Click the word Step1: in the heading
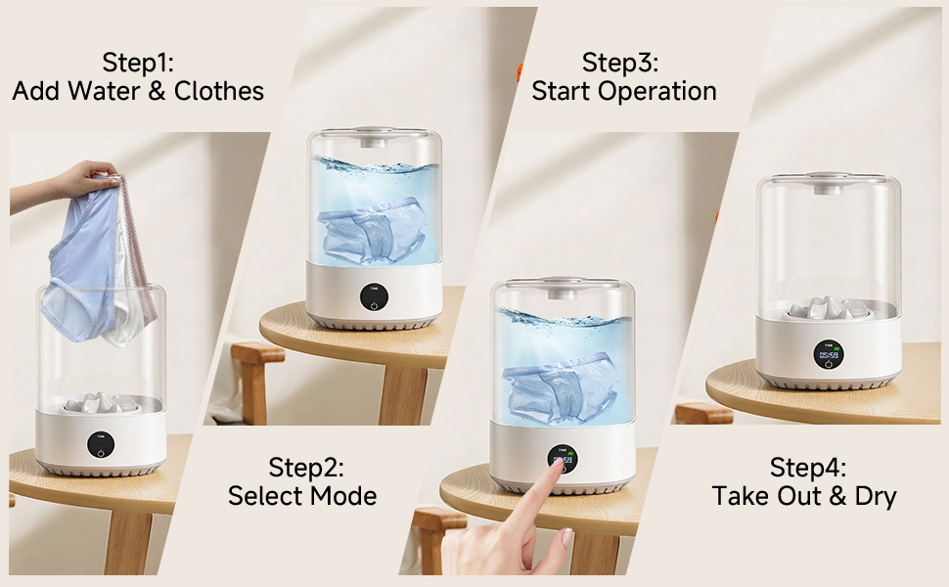point(138,63)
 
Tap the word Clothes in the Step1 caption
point(219,91)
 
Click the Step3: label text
point(620,63)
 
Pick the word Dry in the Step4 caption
point(874,496)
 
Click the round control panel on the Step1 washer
point(99,444)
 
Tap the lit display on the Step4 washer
point(828,353)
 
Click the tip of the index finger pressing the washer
point(559,468)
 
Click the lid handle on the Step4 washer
point(828,179)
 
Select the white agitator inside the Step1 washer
point(100,402)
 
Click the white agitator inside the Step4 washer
point(828,308)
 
